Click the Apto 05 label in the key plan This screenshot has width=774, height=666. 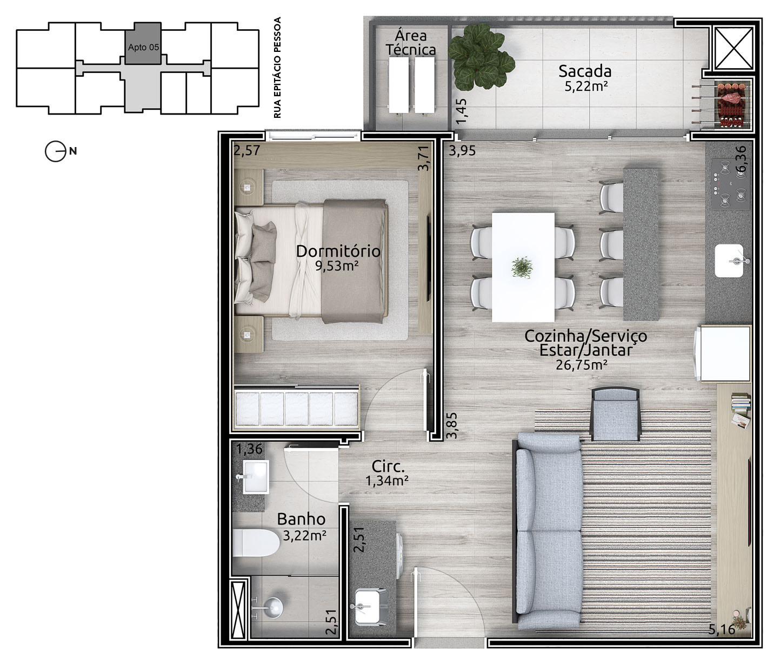point(143,47)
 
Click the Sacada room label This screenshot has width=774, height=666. point(584,71)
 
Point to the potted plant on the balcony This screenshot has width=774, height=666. point(481,57)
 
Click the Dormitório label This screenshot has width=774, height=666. point(338,251)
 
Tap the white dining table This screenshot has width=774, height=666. point(523,267)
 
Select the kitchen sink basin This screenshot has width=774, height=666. point(729,261)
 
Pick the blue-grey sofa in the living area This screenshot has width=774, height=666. point(549,532)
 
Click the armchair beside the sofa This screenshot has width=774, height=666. point(615,414)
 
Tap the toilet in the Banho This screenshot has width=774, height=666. point(256,543)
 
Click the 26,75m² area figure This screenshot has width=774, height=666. point(582,364)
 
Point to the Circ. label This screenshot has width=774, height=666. point(388,467)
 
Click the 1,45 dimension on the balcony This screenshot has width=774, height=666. point(462,111)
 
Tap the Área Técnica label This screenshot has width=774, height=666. point(411,43)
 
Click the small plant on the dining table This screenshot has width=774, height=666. point(522,268)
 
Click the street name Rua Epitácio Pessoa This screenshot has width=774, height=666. point(277,68)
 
